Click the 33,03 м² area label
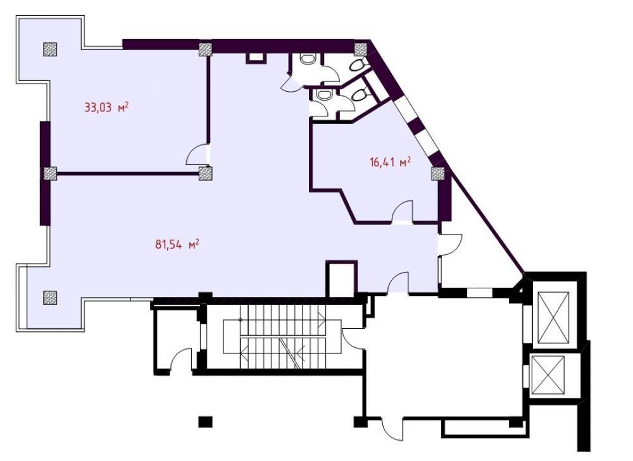point(106,108)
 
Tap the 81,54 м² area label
point(177,245)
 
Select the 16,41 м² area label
point(390,163)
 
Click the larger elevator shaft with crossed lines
point(553,318)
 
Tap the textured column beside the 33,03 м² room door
point(206,174)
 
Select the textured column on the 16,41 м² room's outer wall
point(438,174)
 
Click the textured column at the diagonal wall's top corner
point(361,49)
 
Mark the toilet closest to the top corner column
point(358,65)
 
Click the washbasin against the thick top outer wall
point(309,59)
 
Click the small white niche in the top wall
point(256,58)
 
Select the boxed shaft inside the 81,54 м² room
point(342,279)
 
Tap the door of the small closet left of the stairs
point(180,360)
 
